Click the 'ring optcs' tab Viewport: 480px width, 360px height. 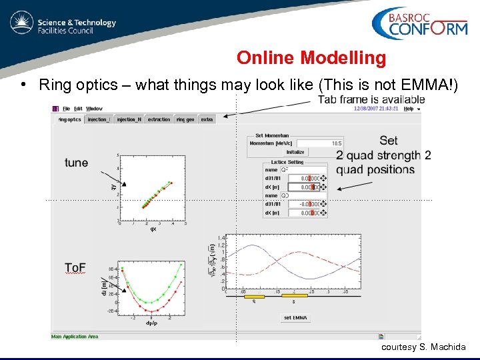pos(69,119)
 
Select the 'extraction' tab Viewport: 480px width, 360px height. pos(159,119)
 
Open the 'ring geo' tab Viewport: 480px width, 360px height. pos(185,119)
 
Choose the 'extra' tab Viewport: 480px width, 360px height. pos(207,119)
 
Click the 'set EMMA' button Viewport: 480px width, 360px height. pos(296,317)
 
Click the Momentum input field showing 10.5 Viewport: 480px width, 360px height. pos(320,143)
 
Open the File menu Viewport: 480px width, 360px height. pos(67,108)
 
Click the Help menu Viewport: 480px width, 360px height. pos(409,108)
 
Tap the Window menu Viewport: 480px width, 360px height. pos(94,108)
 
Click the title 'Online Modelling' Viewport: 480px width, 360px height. pos(311,58)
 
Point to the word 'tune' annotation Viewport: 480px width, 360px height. pos(77,163)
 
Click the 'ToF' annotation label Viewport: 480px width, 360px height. pos(75,267)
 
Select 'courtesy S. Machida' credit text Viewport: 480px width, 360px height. pos(423,347)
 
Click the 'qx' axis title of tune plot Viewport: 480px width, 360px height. pos(153,229)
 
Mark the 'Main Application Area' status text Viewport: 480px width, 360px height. pos(75,337)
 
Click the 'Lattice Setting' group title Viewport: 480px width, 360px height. pos(287,162)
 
